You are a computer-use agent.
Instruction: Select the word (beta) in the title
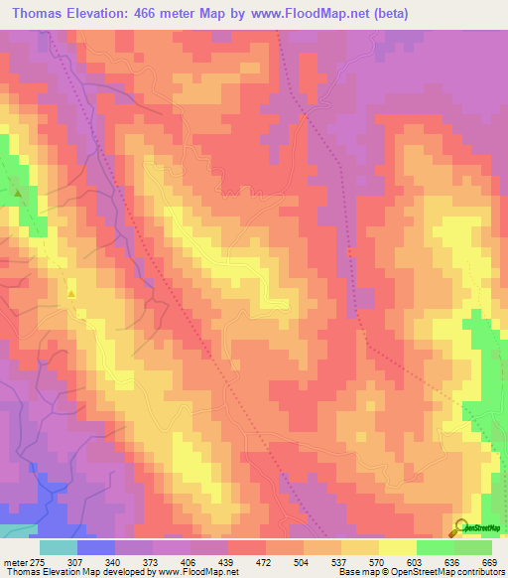click(x=387, y=14)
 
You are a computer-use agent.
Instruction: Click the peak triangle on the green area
click(x=18, y=192)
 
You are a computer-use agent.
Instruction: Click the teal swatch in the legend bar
click(x=58, y=547)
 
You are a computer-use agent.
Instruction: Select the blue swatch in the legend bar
click(x=95, y=547)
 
